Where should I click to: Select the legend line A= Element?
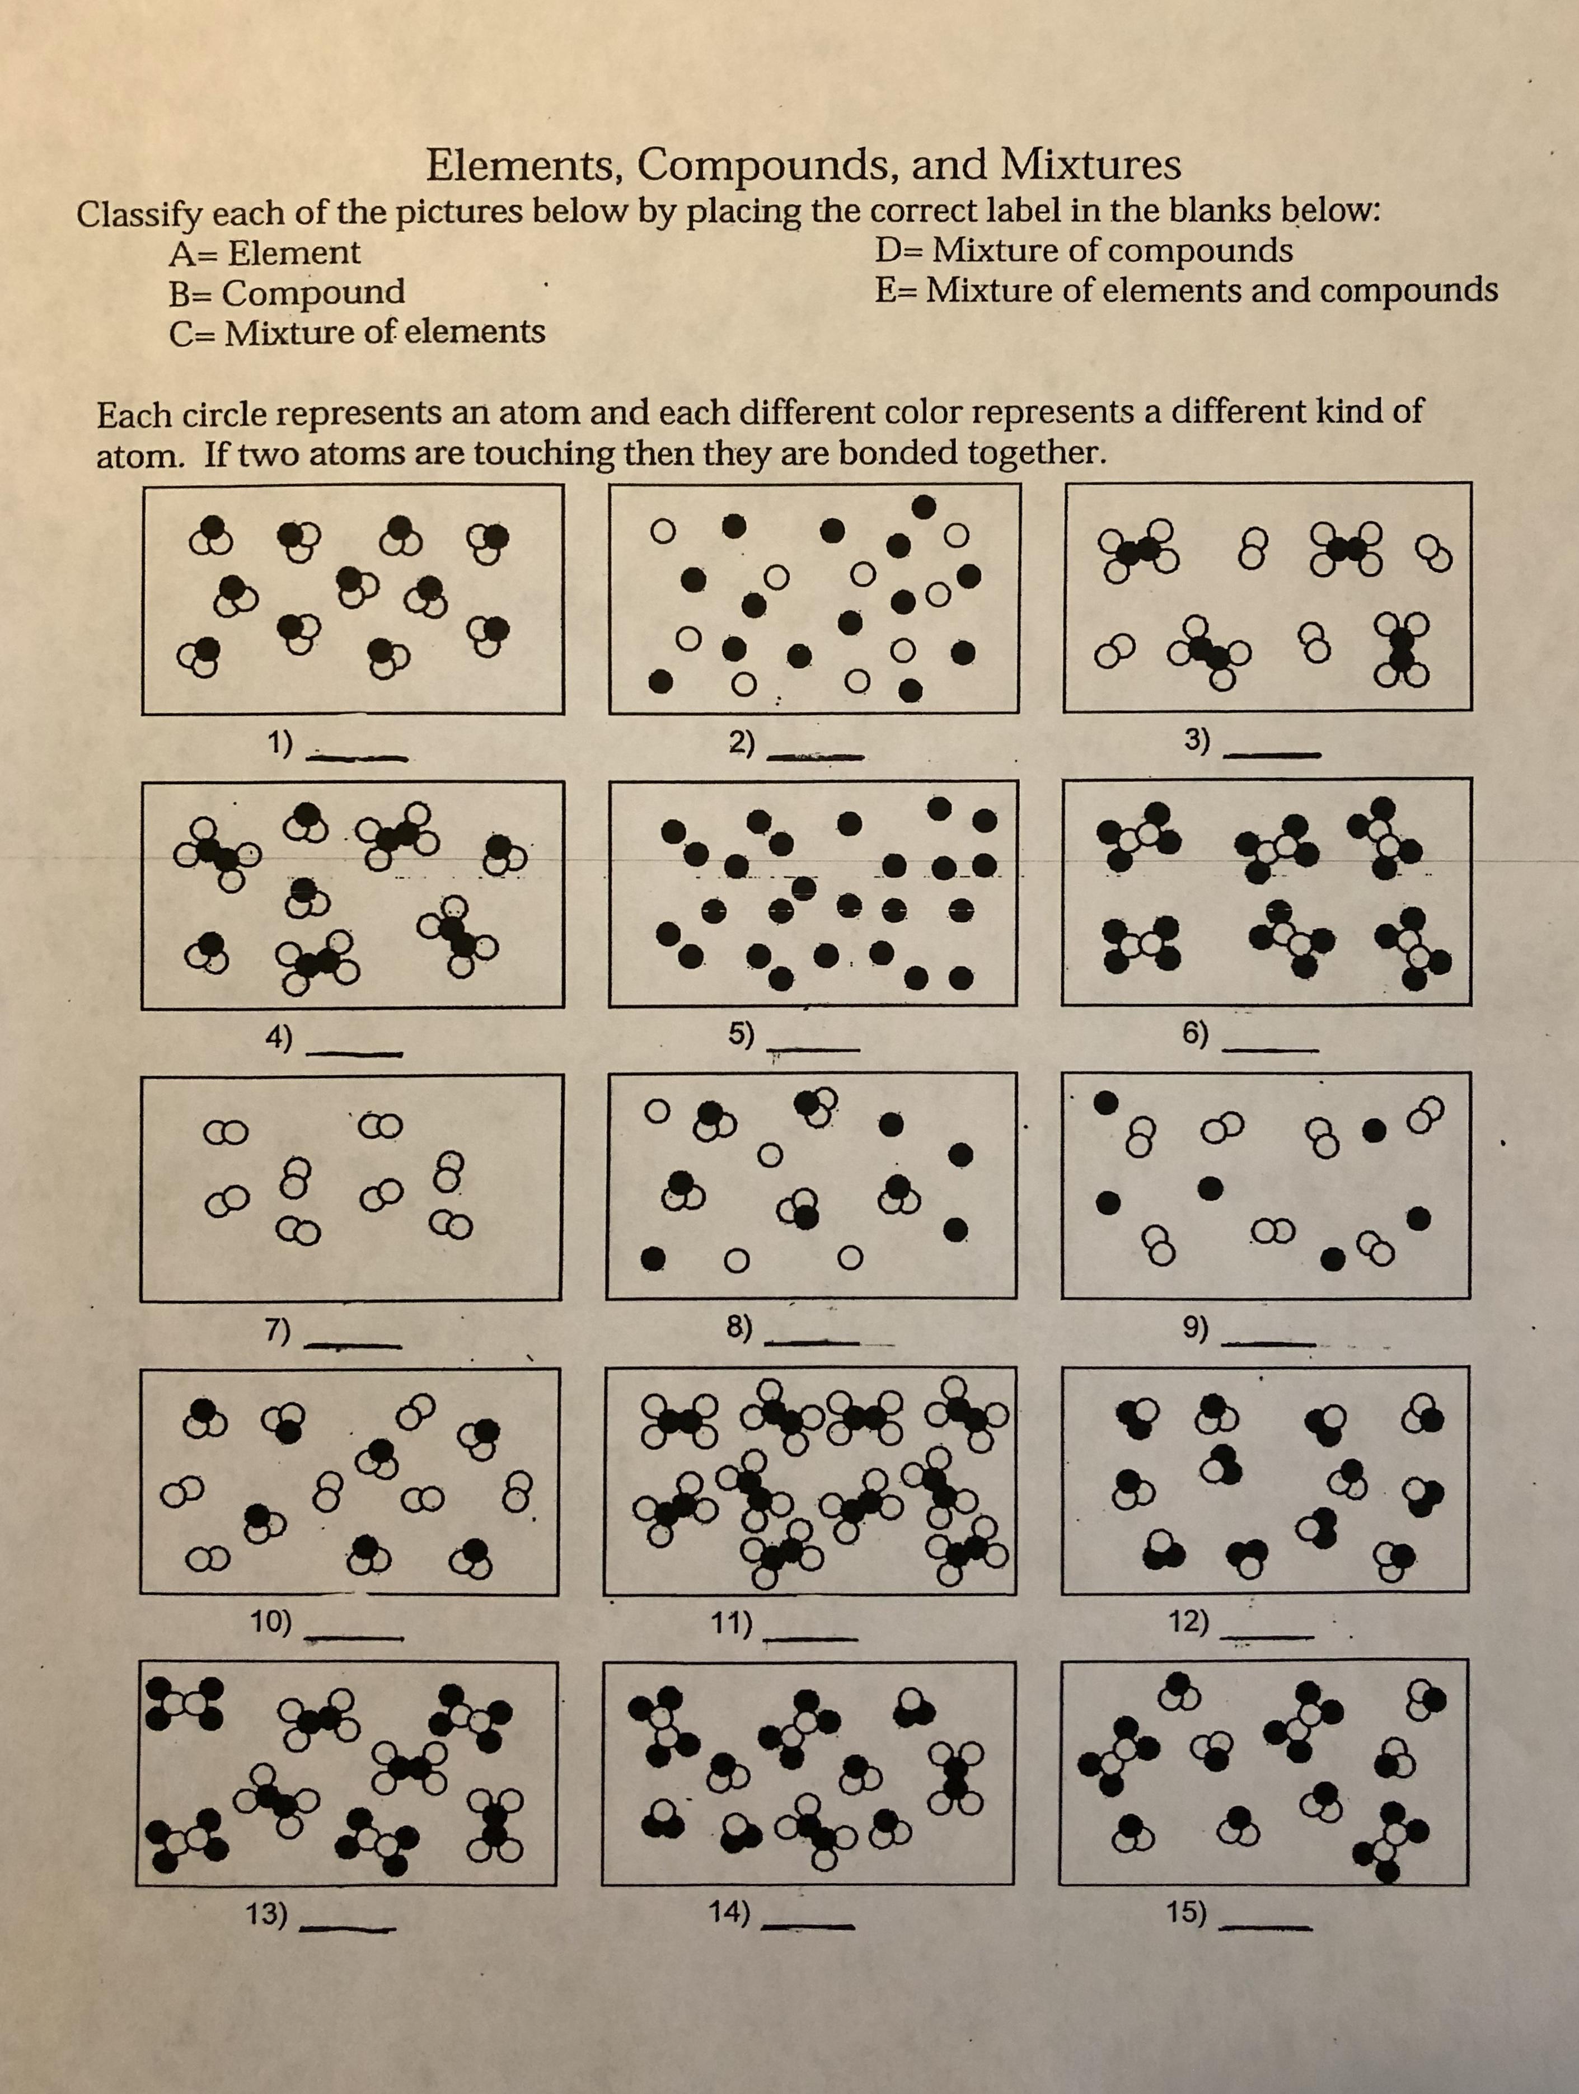tap(265, 253)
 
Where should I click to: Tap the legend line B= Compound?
tap(287, 292)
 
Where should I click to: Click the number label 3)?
tap(1197, 741)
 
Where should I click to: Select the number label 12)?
tap(1189, 1622)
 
